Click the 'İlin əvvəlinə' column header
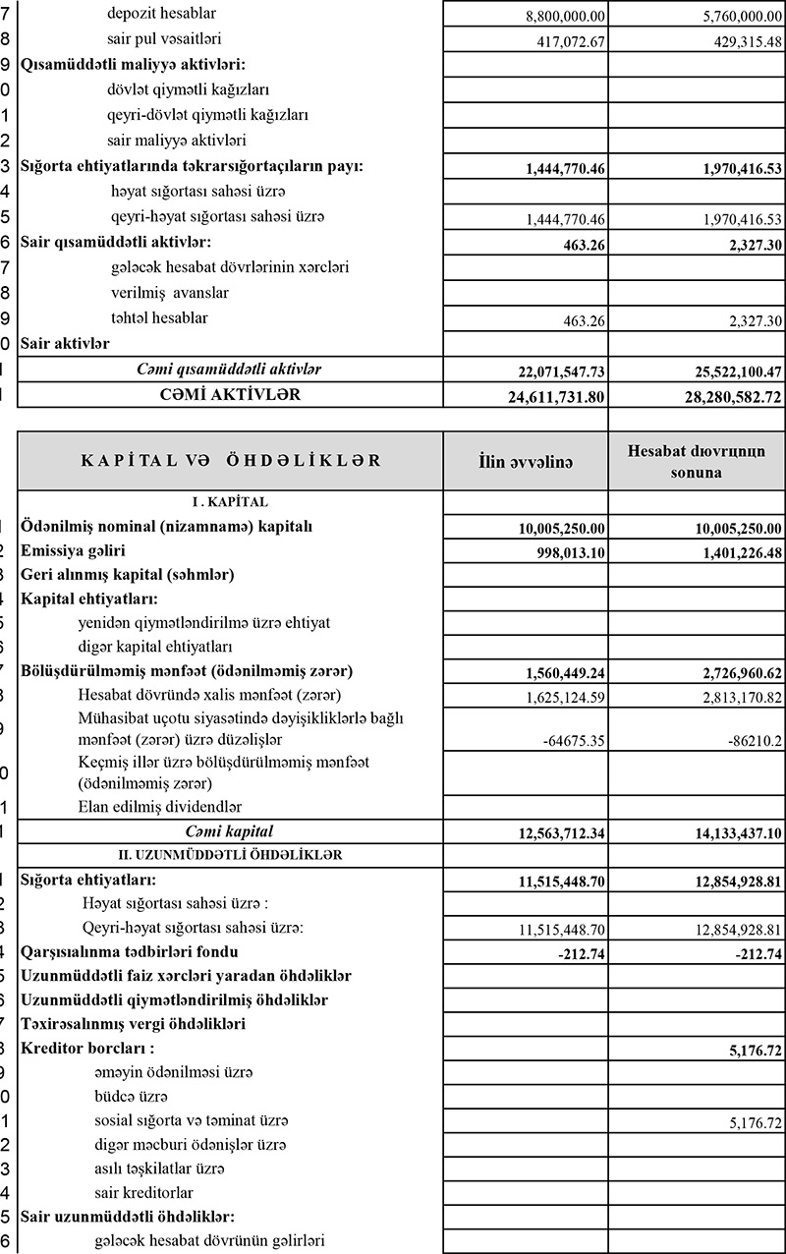click(x=525, y=461)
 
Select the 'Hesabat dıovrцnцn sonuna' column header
click(x=697, y=461)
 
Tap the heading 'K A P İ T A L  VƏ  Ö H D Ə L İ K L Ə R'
click(x=230, y=461)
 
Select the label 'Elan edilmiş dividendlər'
click(x=159, y=808)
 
